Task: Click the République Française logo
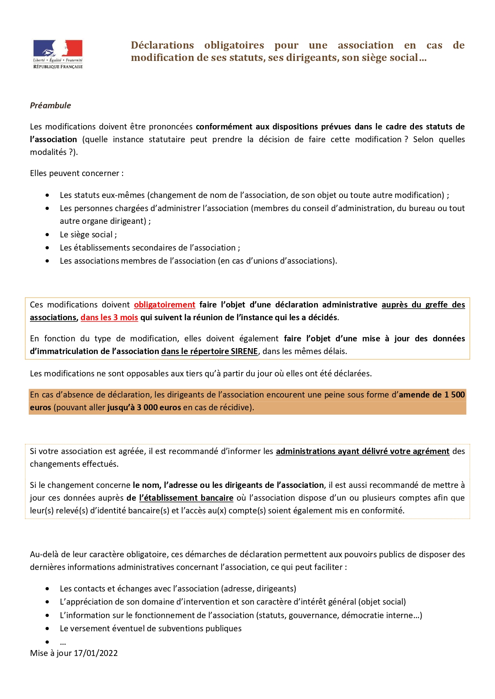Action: (58, 54)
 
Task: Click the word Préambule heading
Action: (50, 106)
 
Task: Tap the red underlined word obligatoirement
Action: (164, 305)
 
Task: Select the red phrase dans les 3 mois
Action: (109, 317)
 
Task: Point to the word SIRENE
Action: (244, 351)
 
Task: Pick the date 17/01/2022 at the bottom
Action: (96, 653)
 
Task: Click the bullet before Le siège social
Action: (47, 235)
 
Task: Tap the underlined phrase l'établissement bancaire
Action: (186, 498)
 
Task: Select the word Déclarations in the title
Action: (162, 45)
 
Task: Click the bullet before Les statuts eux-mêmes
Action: (47, 195)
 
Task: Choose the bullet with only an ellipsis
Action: (47, 642)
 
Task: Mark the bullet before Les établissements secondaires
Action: (47, 248)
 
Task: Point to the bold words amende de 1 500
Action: (432, 395)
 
